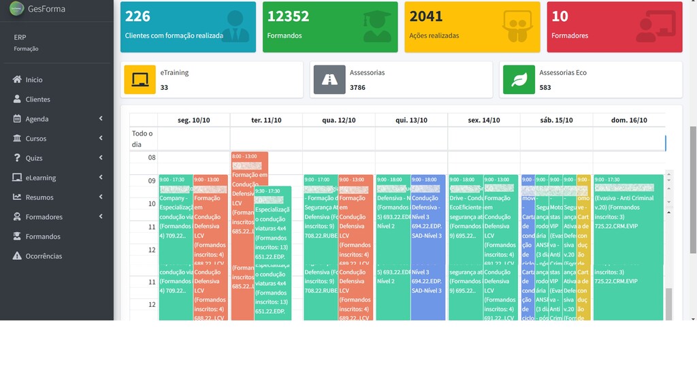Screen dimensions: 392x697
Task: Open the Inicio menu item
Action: (33, 80)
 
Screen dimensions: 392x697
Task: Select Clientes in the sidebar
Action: (37, 99)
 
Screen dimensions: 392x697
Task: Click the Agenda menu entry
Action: (37, 119)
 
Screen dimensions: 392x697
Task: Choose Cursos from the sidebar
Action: (36, 139)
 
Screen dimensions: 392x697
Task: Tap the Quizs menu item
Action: (34, 158)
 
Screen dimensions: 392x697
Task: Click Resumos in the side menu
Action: (39, 197)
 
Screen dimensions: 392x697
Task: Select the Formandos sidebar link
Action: (43, 237)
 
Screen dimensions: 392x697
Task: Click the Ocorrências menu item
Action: (44, 257)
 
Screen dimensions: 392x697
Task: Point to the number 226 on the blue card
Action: (137, 16)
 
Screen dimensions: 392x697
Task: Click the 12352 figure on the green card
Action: (288, 16)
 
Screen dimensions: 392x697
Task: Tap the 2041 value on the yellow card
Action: (426, 16)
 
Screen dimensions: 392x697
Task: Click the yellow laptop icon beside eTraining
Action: (140, 80)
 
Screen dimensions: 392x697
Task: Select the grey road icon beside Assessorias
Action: (329, 80)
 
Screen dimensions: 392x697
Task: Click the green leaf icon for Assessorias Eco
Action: (519, 80)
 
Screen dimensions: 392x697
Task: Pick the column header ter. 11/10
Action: (266, 120)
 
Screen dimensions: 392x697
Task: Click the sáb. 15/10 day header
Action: (556, 120)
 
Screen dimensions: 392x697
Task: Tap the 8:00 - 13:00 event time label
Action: (244, 157)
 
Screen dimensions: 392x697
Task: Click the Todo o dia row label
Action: (142, 138)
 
